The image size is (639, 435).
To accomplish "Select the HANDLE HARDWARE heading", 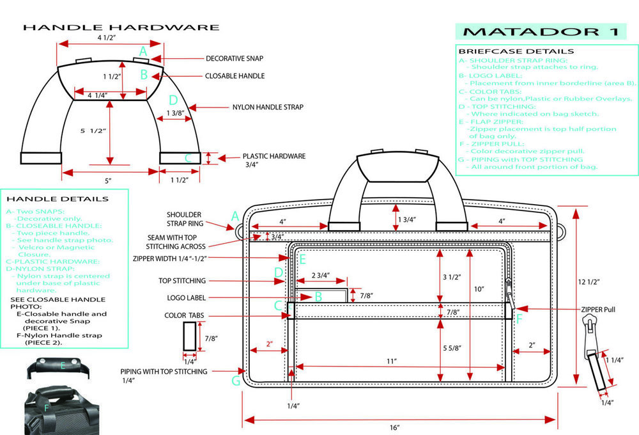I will pyautogui.click(x=121, y=28).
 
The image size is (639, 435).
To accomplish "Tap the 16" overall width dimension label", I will pyautogui.click(x=394, y=427).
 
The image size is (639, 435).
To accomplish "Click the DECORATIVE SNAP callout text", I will pyautogui.click(x=235, y=58).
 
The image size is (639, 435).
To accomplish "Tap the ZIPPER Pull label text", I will pyautogui.click(x=599, y=309).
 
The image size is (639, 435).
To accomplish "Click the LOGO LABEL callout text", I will pyautogui.click(x=186, y=297).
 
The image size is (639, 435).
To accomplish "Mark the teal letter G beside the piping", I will pyautogui.click(x=236, y=381).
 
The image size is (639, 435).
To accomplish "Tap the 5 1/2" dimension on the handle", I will pyautogui.click(x=92, y=130).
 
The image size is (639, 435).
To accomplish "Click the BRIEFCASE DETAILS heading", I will pyautogui.click(x=516, y=51).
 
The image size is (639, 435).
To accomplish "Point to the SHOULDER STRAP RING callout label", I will pyautogui.click(x=185, y=219).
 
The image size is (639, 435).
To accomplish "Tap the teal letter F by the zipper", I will pyautogui.click(x=519, y=317).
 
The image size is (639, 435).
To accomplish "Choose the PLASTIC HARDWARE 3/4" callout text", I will pyautogui.click(x=273, y=160).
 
